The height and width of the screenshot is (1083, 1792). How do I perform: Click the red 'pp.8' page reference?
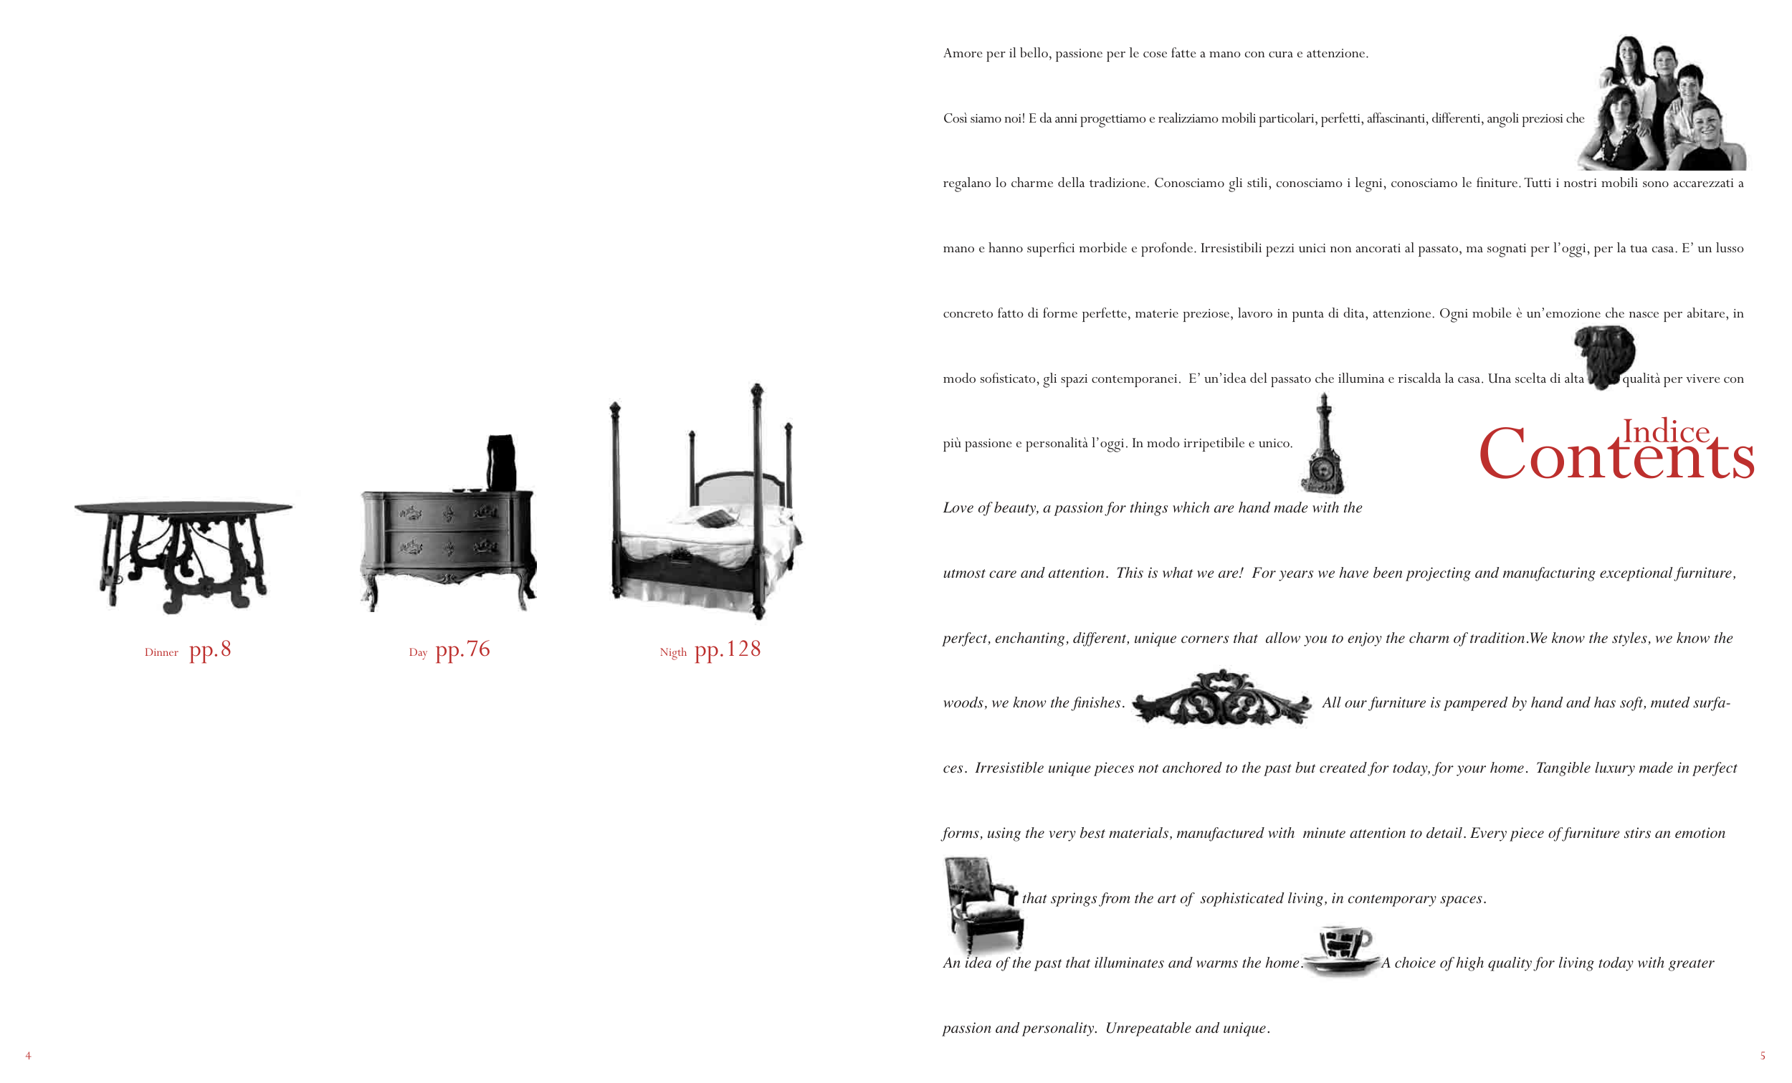[210, 649]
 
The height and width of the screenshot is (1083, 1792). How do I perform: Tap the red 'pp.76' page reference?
[462, 649]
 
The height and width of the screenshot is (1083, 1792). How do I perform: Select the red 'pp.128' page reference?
[728, 649]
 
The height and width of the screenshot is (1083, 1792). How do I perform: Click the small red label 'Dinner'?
[161, 652]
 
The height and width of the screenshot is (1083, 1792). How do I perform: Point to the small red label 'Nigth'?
[673, 652]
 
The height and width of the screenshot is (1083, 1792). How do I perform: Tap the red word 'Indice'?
[1665, 431]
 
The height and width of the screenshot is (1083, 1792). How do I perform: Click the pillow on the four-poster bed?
[713, 519]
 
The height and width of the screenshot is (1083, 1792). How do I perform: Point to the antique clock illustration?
[1322, 444]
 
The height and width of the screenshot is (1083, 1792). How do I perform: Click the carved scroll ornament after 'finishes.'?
[1222, 698]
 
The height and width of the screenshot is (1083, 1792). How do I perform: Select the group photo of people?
[1661, 102]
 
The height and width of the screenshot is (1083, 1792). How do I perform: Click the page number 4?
[29, 1055]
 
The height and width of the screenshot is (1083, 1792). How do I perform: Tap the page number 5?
[1762, 1055]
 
